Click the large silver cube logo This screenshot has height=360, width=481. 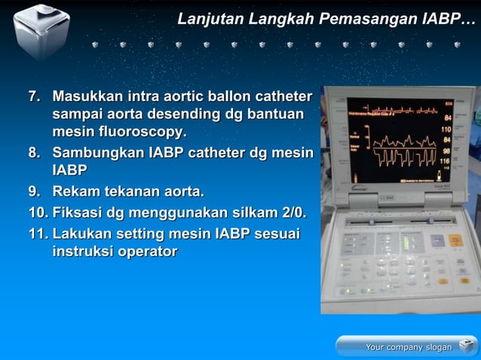[41, 30]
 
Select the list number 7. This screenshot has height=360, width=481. [34, 97]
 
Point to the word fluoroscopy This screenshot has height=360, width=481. [139, 132]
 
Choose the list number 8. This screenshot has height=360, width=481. [34, 153]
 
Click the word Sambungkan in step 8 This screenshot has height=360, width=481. [98, 153]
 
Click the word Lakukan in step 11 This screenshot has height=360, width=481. [84, 234]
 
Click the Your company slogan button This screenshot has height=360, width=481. [407, 346]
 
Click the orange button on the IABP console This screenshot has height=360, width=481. [455, 240]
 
